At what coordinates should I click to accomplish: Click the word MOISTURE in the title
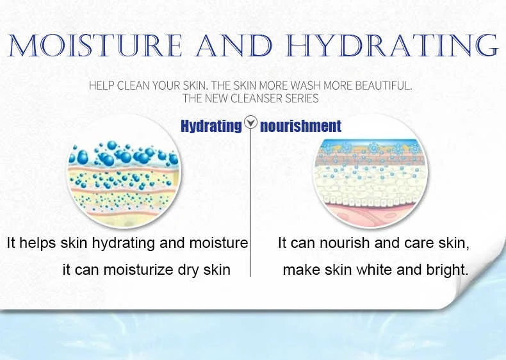[95, 45]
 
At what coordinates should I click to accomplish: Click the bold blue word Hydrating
[211, 126]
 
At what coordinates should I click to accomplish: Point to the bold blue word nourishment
[300, 126]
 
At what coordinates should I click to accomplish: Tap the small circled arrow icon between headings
[250, 122]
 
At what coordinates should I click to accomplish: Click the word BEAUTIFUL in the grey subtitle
[384, 86]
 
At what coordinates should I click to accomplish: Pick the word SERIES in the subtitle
[304, 98]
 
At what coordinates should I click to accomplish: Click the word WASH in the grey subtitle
[306, 86]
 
